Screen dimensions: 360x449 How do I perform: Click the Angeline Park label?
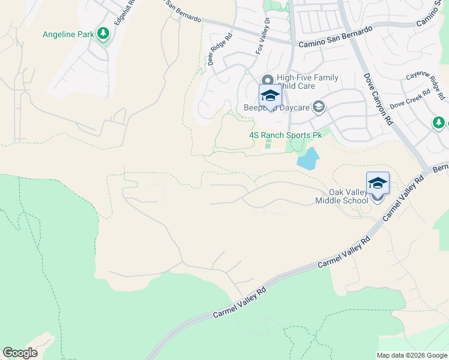68,34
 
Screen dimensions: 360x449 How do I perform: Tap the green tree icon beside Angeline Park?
104,34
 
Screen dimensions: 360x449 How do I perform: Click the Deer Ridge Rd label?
215,47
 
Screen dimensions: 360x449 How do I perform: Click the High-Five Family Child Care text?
307,82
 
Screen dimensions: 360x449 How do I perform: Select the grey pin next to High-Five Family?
267,79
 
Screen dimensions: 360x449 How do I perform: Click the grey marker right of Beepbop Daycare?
319,107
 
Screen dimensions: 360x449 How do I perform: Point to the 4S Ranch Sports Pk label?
285,136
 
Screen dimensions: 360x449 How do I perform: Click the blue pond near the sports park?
307,158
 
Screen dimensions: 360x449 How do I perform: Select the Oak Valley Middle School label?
342,196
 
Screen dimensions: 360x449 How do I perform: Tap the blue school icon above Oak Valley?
378,182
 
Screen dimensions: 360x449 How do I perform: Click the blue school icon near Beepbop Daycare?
270,95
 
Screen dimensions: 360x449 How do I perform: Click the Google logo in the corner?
20,353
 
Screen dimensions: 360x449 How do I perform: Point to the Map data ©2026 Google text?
412,355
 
